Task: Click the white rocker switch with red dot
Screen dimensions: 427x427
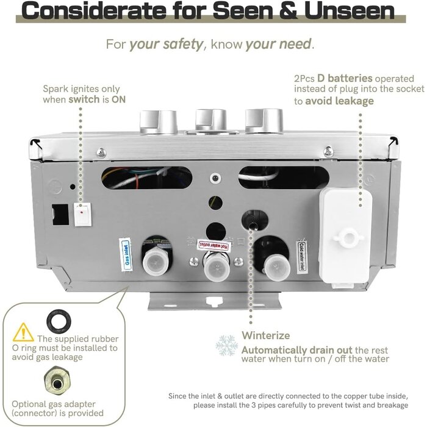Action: click(x=83, y=215)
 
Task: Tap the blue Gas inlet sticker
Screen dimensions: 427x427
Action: click(x=126, y=255)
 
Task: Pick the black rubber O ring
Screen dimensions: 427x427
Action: click(x=59, y=320)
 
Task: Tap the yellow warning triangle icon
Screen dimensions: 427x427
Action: click(x=23, y=332)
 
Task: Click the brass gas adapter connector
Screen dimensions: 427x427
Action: click(x=57, y=382)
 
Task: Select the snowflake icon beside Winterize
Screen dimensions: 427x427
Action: click(x=226, y=346)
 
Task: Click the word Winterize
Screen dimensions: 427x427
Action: click(x=265, y=335)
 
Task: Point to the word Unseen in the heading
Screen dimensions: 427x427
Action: click(x=350, y=11)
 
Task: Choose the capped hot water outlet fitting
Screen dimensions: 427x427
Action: click(x=217, y=268)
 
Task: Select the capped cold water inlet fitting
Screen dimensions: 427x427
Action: click(x=277, y=268)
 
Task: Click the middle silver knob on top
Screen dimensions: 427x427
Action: click(x=211, y=120)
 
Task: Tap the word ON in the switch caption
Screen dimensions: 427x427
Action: click(x=119, y=99)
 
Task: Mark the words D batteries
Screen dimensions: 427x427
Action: click(x=345, y=79)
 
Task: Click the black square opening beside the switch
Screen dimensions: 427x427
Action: click(x=60, y=214)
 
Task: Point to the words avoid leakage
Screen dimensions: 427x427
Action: click(x=339, y=101)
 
